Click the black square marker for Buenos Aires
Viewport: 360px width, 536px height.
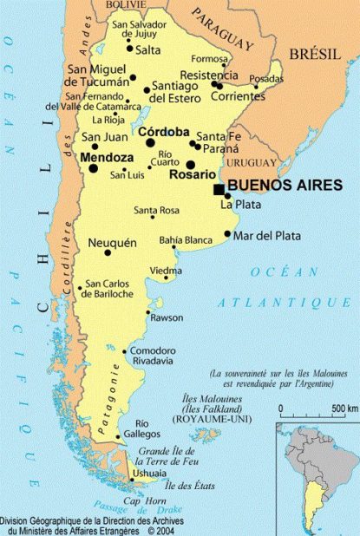[x=219, y=188]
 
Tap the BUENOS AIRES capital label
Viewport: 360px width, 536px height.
[x=284, y=185]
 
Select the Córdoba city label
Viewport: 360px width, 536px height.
[x=163, y=132]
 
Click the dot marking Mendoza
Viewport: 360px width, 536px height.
[x=94, y=168]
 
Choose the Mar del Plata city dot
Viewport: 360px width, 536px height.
[x=227, y=233]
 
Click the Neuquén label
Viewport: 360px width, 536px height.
[x=113, y=243]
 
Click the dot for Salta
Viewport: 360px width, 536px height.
[x=130, y=49]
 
